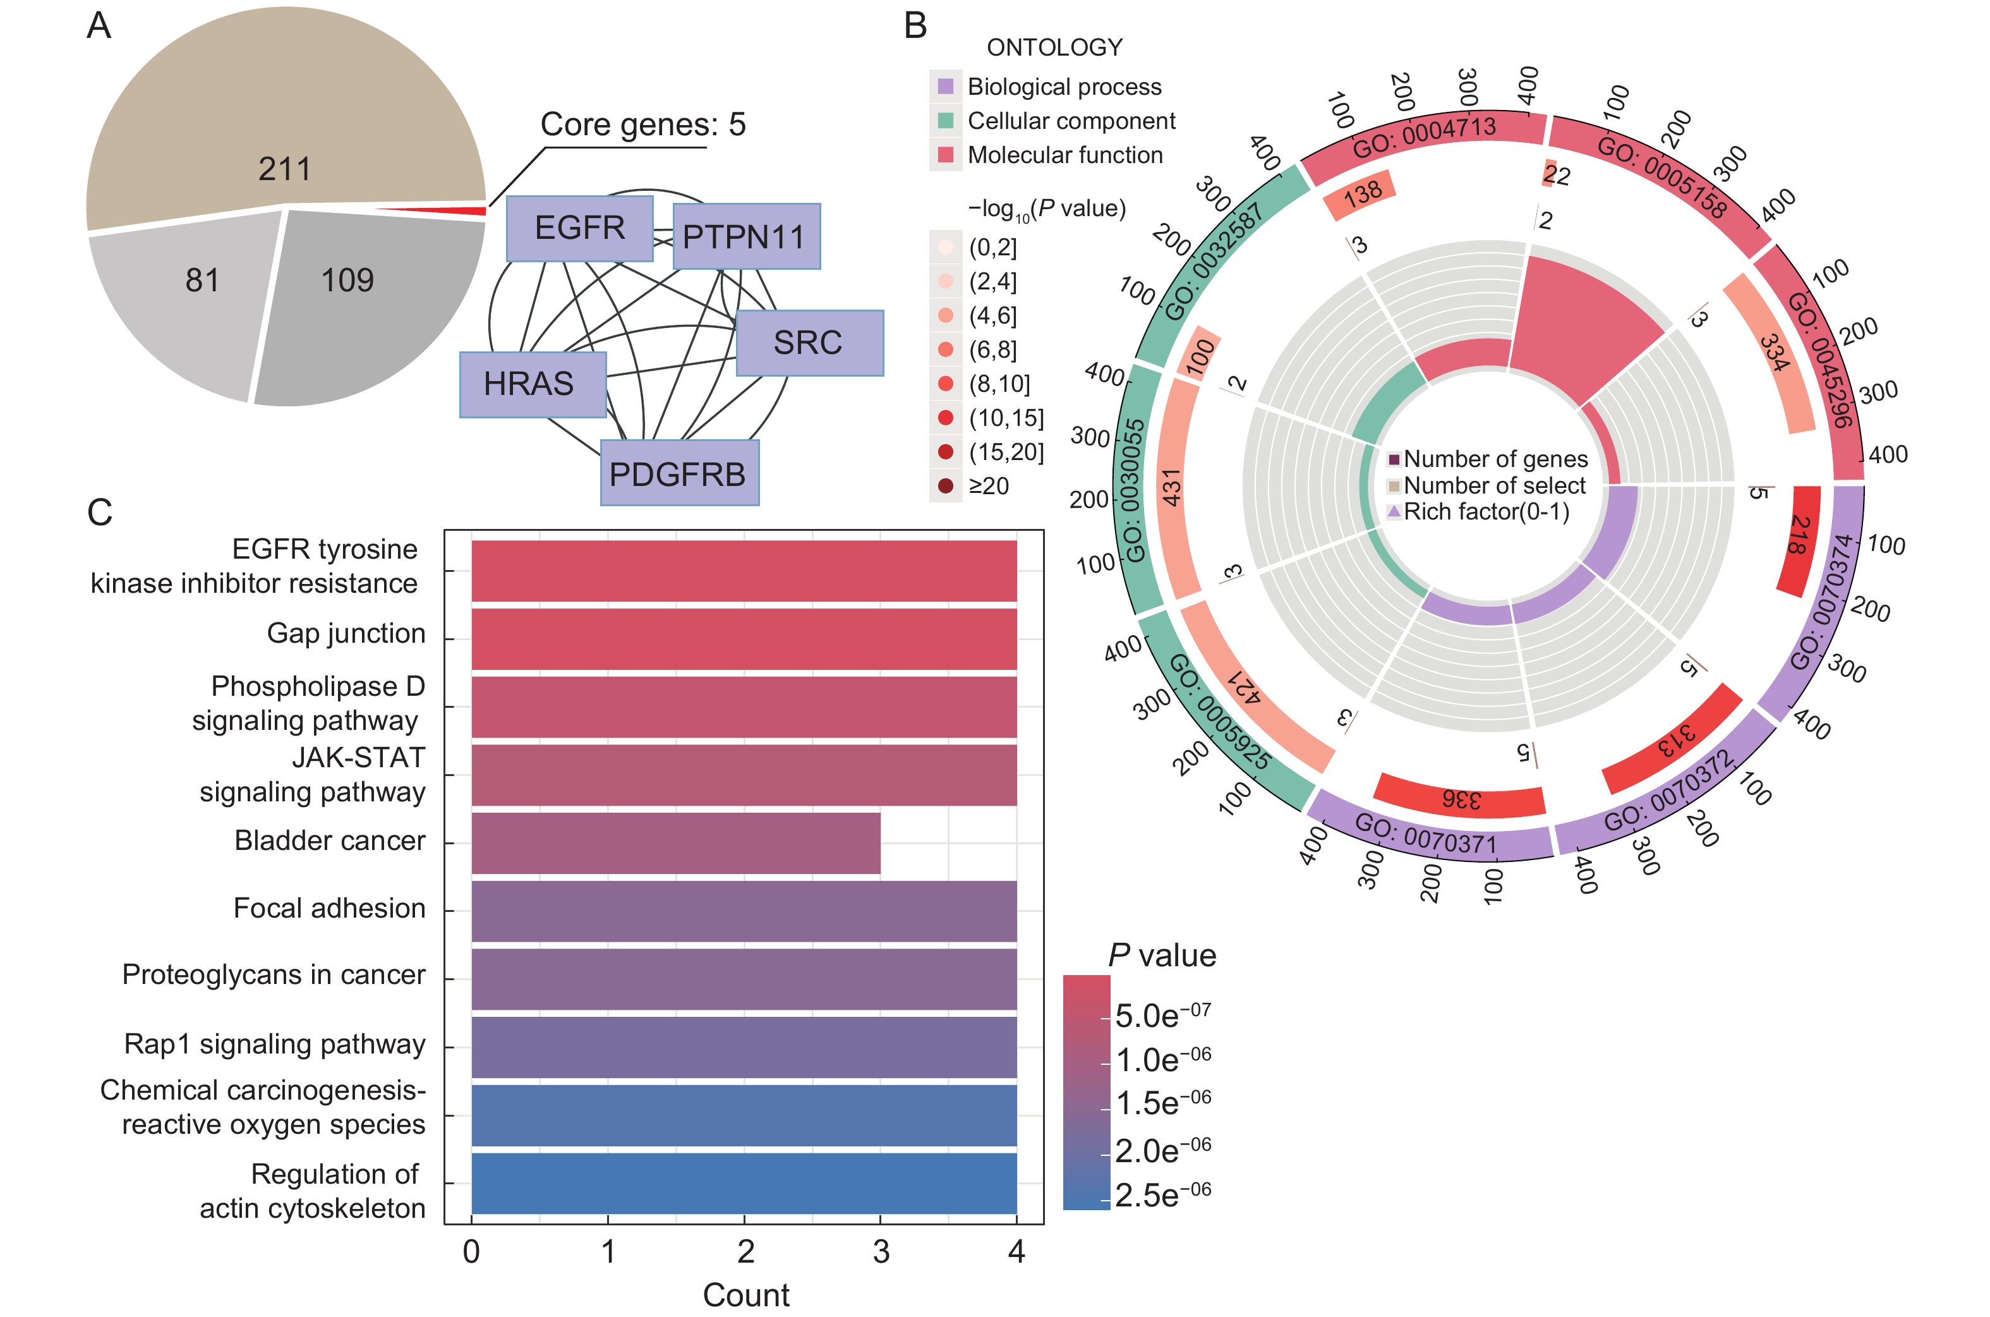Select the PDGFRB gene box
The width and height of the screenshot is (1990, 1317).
click(x=679, y=474)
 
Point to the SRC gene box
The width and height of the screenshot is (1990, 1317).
click(x=809, y=343)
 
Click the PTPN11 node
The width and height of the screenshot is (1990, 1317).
click(x=745, y=237)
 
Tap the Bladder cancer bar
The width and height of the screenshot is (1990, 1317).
click(x=676, y=842)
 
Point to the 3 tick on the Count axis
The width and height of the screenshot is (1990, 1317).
click(x=881, y=1251)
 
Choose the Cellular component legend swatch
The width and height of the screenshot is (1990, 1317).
click(x=946, y=121)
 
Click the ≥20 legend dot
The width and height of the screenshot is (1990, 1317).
click(x=946, y=485)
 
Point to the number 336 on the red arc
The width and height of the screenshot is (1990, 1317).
click(x=1461, y=799)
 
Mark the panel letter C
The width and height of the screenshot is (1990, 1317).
click(x=99, y=513)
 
